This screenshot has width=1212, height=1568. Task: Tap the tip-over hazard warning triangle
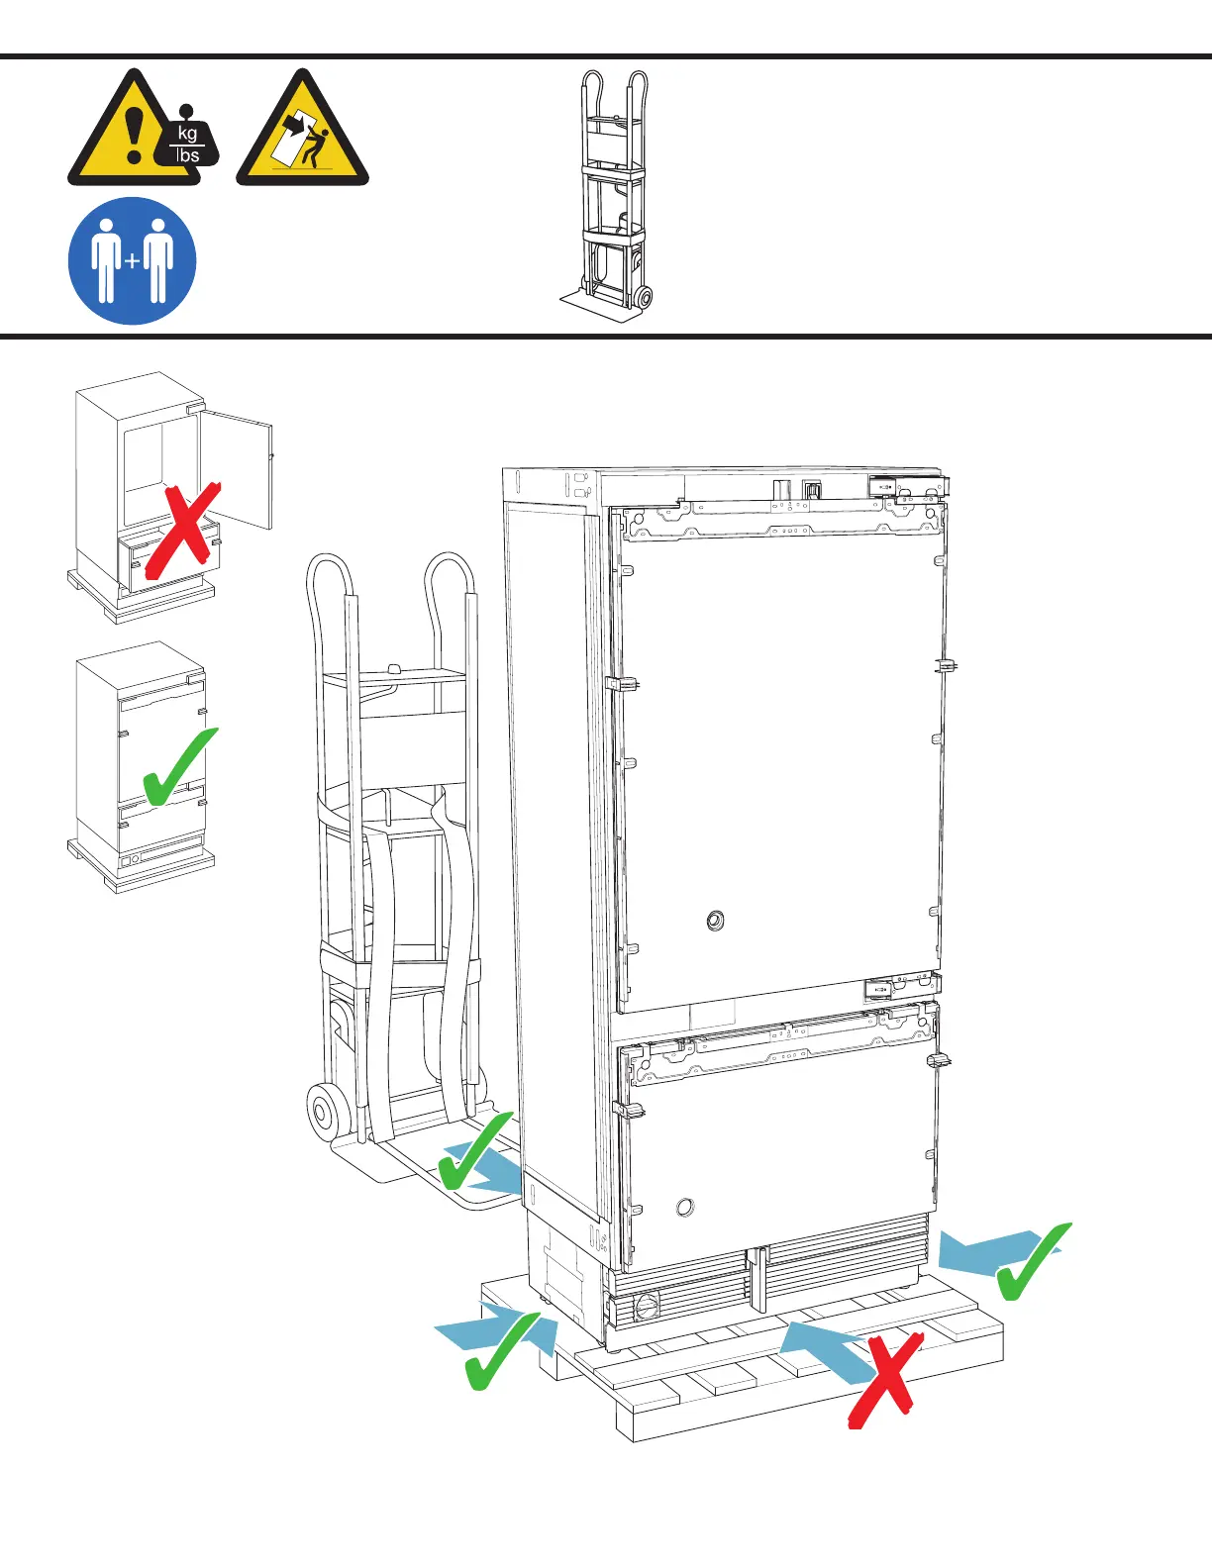pyautogui.click(x=302, y=134)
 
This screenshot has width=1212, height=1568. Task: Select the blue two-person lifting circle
pyautogui.click(x=132, y=261)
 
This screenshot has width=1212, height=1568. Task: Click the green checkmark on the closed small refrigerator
pyautogui.click(x=178, y=767)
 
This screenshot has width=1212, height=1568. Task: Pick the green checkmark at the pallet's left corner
pyautogui.click(x=501, y=1351)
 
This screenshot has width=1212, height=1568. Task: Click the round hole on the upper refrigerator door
pyautogui.click(x=715, y=923)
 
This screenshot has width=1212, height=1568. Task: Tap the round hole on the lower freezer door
pyautogui.click(x=684, y=1208)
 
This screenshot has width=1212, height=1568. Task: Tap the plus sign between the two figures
pyautogui.click(x=133, y=262)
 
